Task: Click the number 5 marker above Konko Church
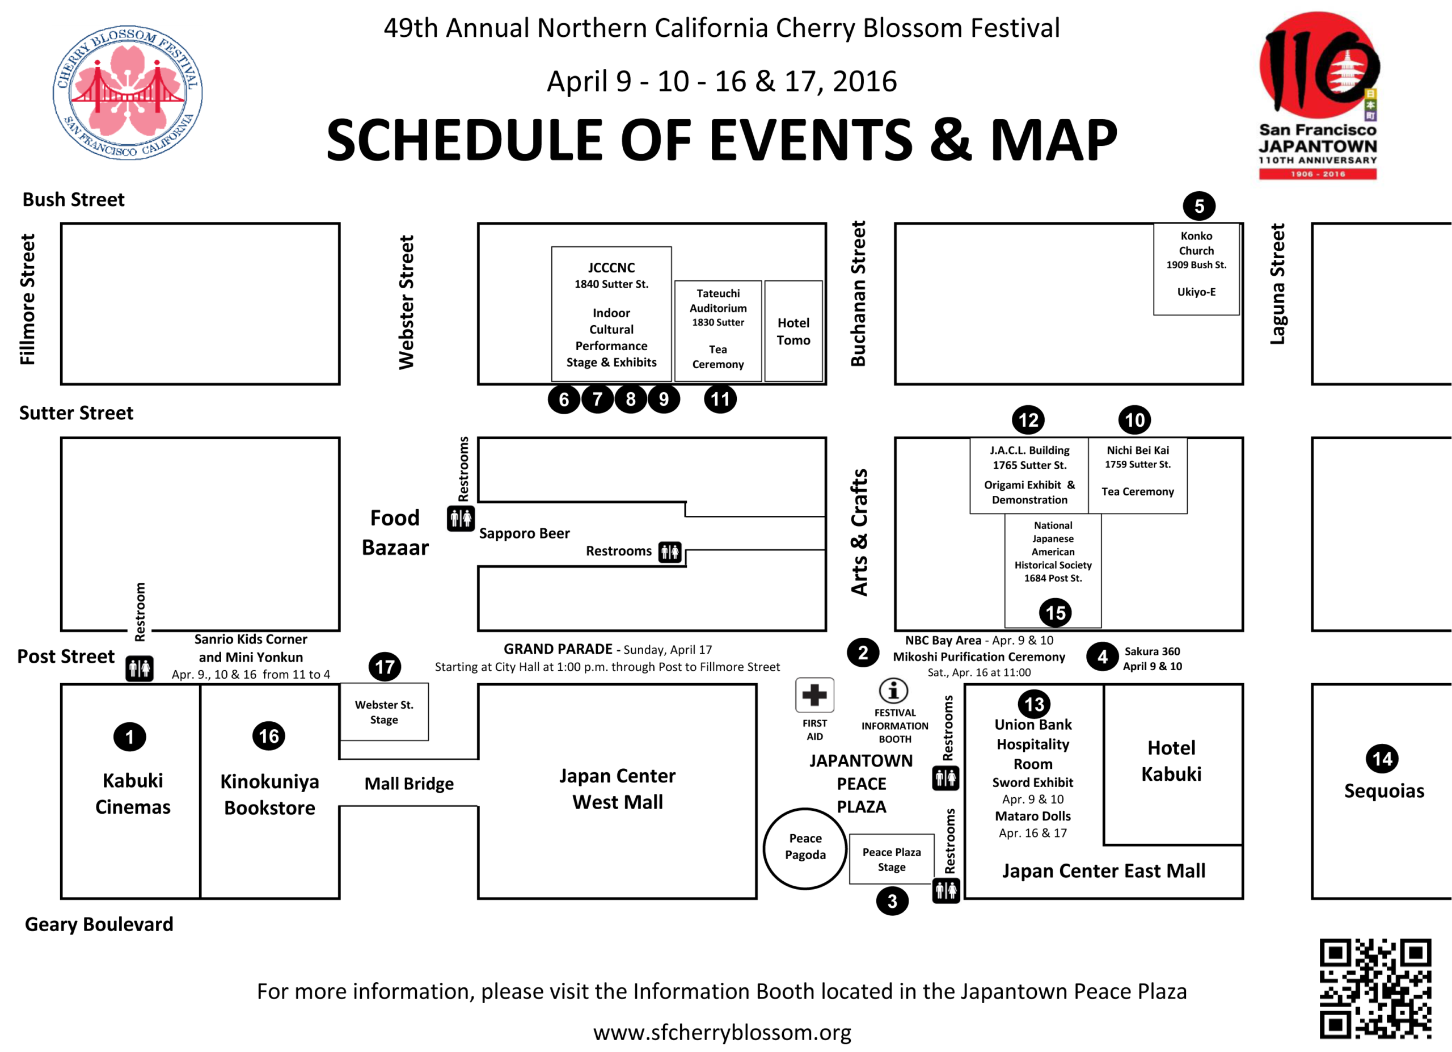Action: coord(1199,206)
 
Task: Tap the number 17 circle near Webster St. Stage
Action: coord(385,667)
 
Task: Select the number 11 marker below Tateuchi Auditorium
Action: coord(720,399)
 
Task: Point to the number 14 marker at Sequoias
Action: coord(1382,759)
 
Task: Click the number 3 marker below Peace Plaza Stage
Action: coord(892,902)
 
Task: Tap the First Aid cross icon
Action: coord(814,695)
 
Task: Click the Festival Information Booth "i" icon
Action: coord(894,691)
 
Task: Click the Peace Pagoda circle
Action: coord(764,849)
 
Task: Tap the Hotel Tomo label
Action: coord(793,332)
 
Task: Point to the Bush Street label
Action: coord(74,200)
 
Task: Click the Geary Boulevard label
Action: coord(99,924)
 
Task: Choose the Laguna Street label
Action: coord(1277,284)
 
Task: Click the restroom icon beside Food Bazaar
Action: coord(461,518)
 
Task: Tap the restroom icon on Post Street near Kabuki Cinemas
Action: coord(139,668)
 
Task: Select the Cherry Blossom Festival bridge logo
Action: coord(128,93)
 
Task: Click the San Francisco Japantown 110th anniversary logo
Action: coord(1318,95)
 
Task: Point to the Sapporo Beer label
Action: coord(524,534)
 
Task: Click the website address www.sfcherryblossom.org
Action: coord(722,1033)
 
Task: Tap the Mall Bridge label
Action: coord(409,784)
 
